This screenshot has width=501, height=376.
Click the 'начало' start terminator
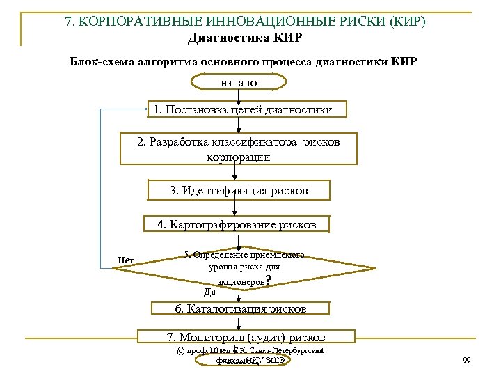tap(239, 82)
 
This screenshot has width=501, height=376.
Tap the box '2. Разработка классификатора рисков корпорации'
tap(239, 149)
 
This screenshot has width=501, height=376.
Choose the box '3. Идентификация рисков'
tap(239, 190)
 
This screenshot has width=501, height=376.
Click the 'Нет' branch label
tap(126, 260)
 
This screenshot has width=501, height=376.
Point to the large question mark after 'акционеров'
tap(269, 281)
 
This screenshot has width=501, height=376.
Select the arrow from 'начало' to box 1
tap(239, 95)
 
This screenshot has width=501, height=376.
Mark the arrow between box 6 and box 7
tap(239, 323)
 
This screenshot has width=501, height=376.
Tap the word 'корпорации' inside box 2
tap(239, 157)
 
